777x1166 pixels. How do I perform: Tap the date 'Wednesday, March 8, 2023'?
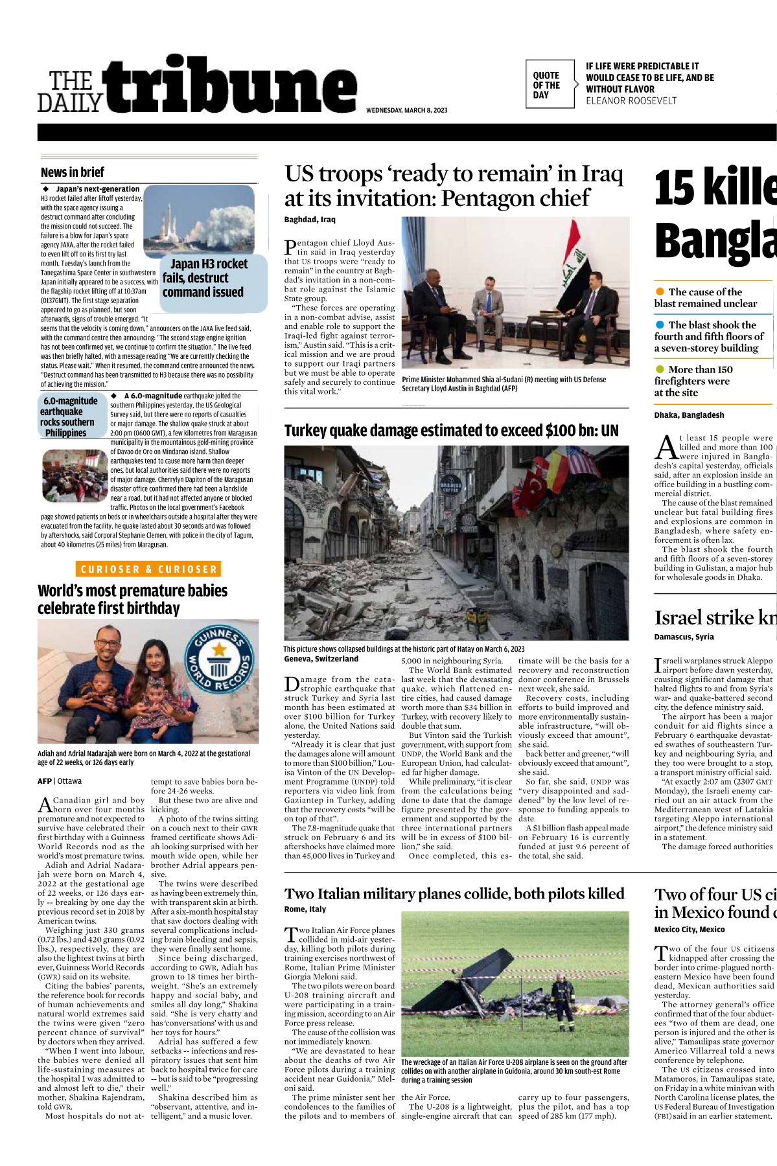[406, 110]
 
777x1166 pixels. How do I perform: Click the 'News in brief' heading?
[73, 172]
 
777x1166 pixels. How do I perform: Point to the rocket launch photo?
[199, 221]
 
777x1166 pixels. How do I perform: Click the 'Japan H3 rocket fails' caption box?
[206, 279]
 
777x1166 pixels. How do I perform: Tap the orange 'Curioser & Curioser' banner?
[148, 569]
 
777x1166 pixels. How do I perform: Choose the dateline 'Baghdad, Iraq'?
[310, 220]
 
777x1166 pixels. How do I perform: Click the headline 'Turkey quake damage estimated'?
[451, 431]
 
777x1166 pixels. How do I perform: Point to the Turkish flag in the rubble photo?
[535, 483]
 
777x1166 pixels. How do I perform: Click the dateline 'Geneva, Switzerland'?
[321, 659]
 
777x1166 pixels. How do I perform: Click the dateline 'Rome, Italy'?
[305, 909]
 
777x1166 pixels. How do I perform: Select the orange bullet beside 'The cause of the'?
[660, 292]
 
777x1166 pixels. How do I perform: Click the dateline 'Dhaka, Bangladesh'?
[689, 415]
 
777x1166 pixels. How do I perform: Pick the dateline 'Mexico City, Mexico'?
[689, 930]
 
